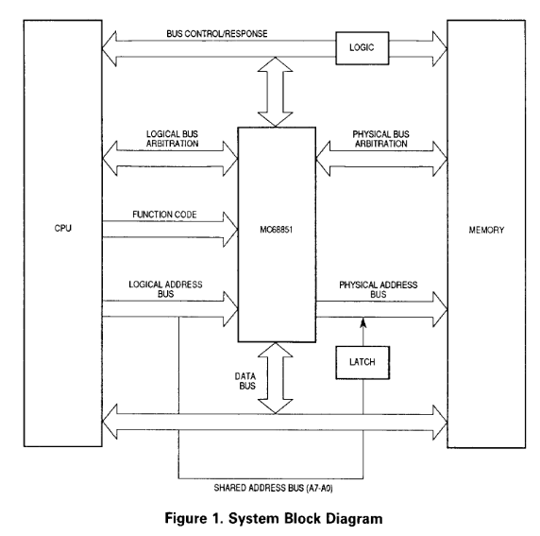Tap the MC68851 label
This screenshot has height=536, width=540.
(277, 230)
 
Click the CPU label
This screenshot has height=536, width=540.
(63, 228)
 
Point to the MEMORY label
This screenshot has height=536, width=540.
(486, 230)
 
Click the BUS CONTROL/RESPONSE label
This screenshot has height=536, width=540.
(217, 34)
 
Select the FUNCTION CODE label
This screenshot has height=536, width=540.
(164, 215)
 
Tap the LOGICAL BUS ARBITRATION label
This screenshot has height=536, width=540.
(172, 139)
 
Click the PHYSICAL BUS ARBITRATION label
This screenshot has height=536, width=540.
(380, 139)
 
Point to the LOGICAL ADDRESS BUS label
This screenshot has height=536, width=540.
(165, 289)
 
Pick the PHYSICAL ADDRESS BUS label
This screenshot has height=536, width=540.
(379, 289)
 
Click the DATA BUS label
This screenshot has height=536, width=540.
(245, 381)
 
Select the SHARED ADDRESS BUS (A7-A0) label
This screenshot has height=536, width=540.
(273, 488)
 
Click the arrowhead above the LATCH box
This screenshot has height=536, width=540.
(363, 323)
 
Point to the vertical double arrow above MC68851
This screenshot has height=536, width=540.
(275, 92)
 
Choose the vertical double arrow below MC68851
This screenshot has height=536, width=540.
(275, 378)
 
